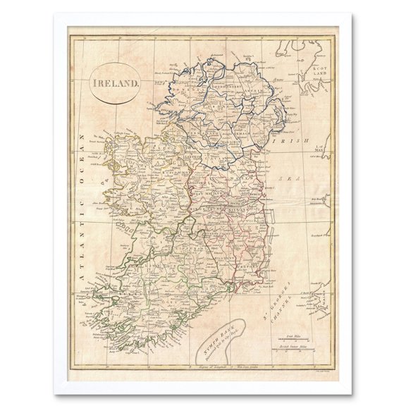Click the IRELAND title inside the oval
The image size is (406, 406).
pos(115,82)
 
